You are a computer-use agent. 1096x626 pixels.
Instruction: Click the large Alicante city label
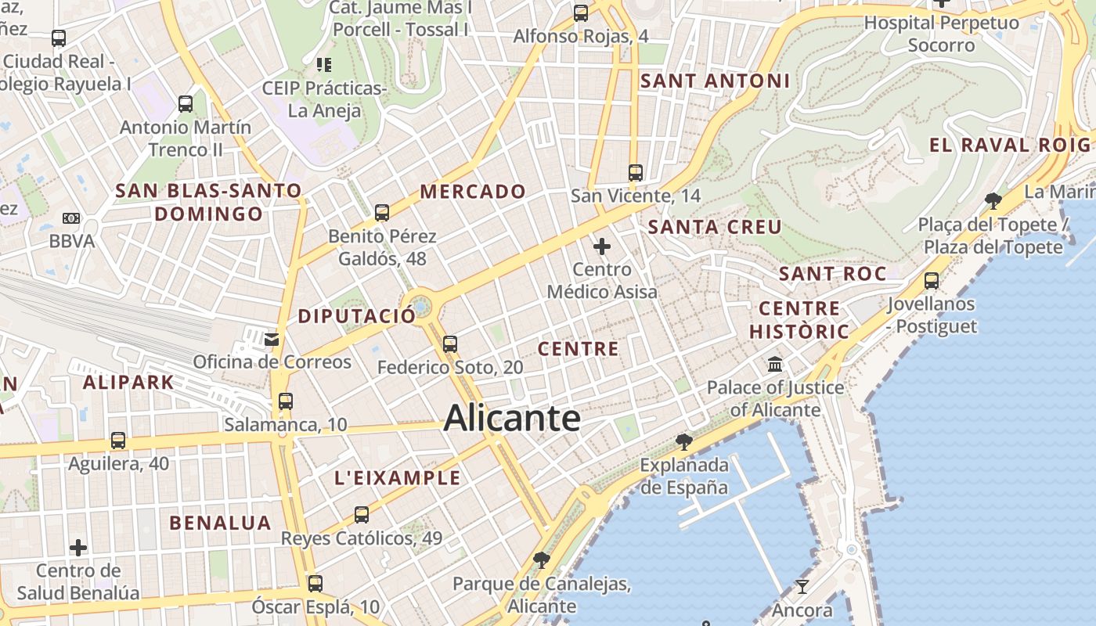512,419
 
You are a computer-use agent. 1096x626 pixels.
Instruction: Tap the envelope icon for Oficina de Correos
272,340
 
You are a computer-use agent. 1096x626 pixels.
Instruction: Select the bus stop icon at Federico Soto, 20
449,344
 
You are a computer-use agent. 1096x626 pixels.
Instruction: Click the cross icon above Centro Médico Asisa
602,247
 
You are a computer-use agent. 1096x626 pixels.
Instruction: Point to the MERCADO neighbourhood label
473,192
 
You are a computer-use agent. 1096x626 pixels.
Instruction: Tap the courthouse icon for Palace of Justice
775,365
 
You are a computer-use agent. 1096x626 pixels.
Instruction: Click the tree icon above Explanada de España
683,442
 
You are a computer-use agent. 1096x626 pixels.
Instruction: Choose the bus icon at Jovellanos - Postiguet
932,281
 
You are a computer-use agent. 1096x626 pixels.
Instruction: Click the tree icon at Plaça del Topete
993,201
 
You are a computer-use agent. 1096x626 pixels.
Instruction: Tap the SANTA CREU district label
715,228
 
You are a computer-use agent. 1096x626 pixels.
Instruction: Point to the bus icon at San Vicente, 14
636,173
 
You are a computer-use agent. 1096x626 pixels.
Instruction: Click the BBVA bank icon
71,218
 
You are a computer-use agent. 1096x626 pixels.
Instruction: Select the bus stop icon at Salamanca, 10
285,401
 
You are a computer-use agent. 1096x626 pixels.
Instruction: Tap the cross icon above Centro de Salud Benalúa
78,548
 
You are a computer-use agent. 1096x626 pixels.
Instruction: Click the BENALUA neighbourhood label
220,523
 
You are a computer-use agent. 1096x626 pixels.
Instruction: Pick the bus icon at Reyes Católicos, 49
361,515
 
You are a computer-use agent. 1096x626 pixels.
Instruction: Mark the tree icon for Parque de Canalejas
541,560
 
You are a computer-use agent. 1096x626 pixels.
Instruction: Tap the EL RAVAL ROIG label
1010,145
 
